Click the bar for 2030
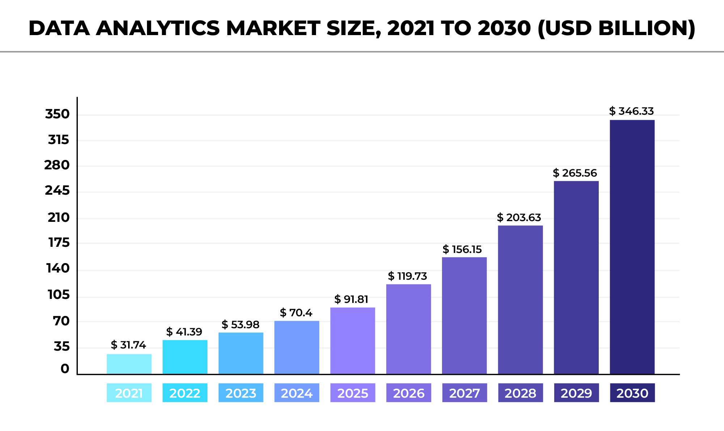point(632,247)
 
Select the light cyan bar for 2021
point(129,364)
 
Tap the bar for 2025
point(353,341)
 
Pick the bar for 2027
point(464,316)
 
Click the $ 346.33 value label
point(631,111)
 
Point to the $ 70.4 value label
point(296,313)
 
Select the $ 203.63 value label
point(519,217)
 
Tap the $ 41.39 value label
point(184,332)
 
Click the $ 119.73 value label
point(407,276)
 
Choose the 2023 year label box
point(241,393)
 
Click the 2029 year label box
point(576,393)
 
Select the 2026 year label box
point(409,393)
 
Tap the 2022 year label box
point(185,393)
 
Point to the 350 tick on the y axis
point(57,114)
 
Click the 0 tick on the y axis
point(65,369)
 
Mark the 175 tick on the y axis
point(59,243)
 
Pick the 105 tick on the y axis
point(58,295)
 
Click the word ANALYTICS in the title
point(158,28)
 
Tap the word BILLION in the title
point(647,28)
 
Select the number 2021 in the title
point(411,28)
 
